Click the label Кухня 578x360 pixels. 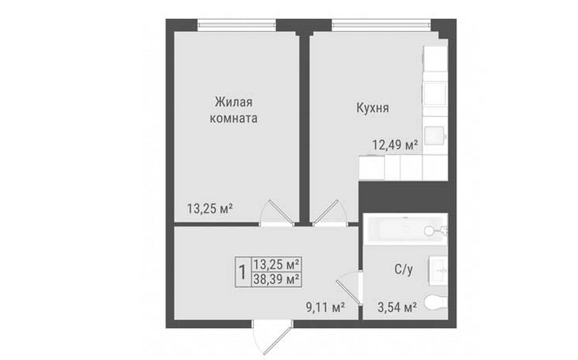[373, 108]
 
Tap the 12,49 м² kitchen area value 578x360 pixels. [395, 145]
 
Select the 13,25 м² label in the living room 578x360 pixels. [210, 209]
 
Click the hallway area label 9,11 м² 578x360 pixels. [326, 307]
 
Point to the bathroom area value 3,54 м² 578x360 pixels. [397, 307]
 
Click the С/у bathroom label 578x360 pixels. [404, 269]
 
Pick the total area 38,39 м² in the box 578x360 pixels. [276, 279]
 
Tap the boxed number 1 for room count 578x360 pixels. [242, 272]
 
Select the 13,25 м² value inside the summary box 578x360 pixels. [276, 264]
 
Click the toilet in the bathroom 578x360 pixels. [436, 303]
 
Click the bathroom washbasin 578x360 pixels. [438, 271]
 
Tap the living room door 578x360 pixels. [278, 214]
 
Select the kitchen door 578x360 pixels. [330, 214]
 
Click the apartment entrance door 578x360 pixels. [272, 337]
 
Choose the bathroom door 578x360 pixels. [348, 287]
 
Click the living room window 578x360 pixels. [237, 25]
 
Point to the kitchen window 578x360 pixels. [382, 25]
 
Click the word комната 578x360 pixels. [233, 119]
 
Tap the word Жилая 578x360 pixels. [233, 101]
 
